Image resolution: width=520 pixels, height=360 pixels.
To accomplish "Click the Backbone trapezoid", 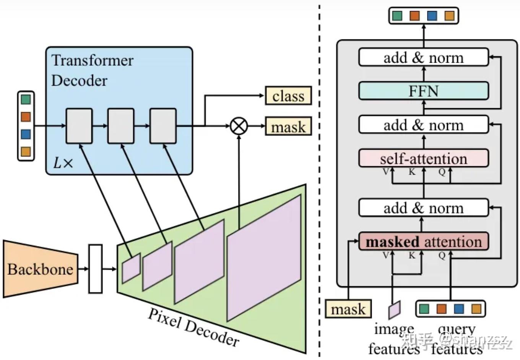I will coord(40,269).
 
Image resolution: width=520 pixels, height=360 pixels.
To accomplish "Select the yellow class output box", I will coord(288,96).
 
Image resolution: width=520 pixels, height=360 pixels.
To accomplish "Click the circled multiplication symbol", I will coord(239,126).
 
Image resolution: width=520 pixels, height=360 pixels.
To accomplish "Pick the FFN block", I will coord(423,91).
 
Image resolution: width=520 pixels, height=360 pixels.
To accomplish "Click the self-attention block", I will coord(423,159).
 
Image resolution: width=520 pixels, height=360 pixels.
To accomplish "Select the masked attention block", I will coord(423,242).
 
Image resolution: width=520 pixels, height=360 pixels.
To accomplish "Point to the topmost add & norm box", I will coord(423,58).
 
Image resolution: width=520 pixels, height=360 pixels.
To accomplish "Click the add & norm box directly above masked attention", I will coord(423,208).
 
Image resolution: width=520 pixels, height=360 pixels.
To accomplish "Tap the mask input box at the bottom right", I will coord(348,309).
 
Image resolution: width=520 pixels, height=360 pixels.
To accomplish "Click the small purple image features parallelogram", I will coord(394,310).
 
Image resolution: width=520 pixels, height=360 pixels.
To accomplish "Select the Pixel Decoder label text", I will coord(193,327).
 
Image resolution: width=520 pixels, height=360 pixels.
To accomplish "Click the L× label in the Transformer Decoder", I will coord(63,163).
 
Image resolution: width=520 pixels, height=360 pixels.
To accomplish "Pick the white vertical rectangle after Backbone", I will coord(95,269).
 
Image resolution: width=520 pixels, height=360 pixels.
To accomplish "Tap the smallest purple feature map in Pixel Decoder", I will coord(131,268).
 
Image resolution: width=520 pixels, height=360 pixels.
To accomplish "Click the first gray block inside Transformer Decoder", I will coord(79,126).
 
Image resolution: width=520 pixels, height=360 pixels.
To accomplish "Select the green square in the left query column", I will coord(26,100).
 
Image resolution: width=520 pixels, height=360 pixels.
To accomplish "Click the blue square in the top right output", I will coord(432,16).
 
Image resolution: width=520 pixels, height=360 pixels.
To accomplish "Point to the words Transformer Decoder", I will coord(92,70).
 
